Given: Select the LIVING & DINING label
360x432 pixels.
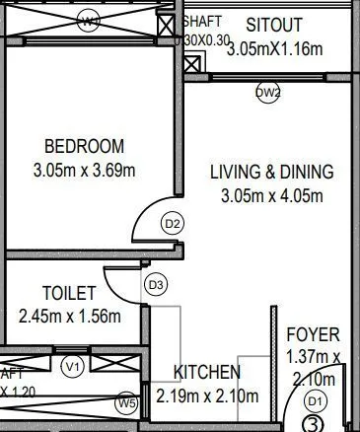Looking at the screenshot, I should (272, 172).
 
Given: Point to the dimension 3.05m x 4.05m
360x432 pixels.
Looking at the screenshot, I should (272, 196).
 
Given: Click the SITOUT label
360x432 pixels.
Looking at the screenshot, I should (274, 24).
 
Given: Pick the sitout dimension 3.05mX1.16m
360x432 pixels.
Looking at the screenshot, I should (274, 49).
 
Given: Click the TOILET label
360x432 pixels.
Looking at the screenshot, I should (69, 293).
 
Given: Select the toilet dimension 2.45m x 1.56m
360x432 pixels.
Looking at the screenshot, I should (69, 317).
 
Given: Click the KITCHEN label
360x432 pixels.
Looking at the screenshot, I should (207, 372).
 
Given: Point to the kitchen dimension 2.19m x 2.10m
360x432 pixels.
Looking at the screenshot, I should (207, 397).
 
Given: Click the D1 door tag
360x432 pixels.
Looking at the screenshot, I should (316, 400).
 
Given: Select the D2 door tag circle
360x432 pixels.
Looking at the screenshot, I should (173, 224).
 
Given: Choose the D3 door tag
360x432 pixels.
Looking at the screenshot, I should (155, 285).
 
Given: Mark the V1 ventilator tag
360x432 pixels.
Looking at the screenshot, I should (72, 367).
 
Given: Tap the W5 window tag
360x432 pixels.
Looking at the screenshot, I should (126, 402).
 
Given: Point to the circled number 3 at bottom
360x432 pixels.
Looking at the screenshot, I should (312, 425).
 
